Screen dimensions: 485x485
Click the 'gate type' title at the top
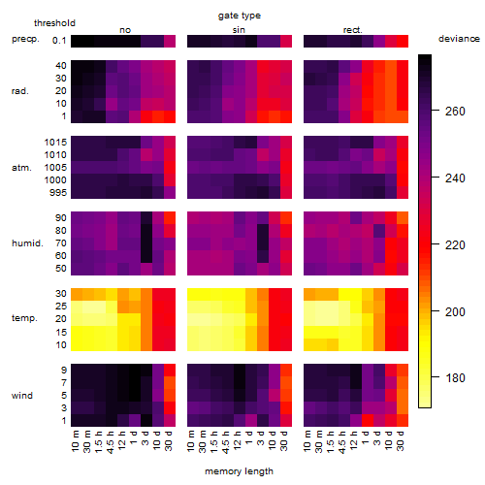[x=240, y=16]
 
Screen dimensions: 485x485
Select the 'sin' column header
[x=239, y=30]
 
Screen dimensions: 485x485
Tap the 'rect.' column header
[x=352, y=30]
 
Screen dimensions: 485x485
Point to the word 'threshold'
[x=54, y=23]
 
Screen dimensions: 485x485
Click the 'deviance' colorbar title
[x=459, y=39]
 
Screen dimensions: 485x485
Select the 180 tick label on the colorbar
[x=455, y=377]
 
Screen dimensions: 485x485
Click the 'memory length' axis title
[x=239, y=471]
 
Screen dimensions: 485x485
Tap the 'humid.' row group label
[x=27, y=243]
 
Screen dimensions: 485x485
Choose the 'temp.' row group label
[x=24, y=318]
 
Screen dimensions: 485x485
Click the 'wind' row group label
[x=22, y=396]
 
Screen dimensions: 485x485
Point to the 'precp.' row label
[x=25, y=39]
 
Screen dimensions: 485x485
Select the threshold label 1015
[x=55, y=143]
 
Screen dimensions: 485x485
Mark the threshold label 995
[x=58, y=193]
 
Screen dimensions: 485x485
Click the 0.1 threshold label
[x=59, y=41]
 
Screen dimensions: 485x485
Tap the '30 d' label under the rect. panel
[x=401, y=440]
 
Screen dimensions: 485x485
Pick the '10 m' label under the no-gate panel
[x=75, y=440]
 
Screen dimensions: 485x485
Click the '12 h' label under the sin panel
[x=238, y=440]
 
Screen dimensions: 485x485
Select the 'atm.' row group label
[x=21, y=168]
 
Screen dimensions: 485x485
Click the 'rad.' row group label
[x=20, y=91]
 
